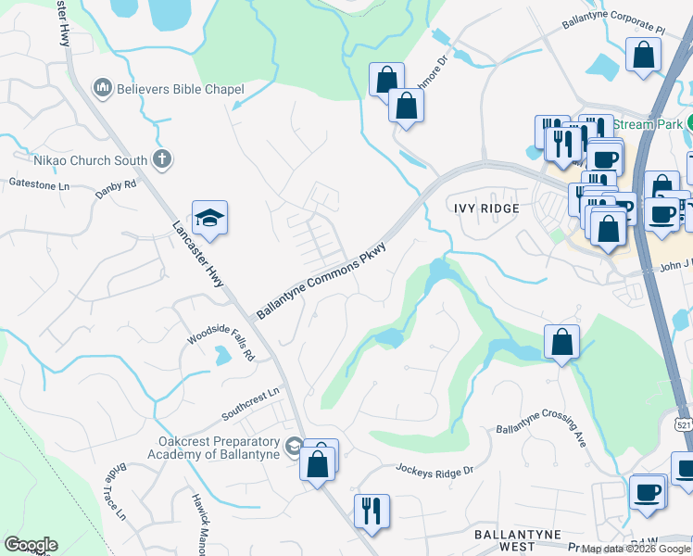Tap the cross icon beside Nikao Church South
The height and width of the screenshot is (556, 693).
[162, 159]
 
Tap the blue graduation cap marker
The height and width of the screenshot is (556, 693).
[210, 219]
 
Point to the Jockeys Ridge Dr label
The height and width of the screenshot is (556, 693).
[435, 471]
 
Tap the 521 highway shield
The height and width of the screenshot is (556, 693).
[684, 423]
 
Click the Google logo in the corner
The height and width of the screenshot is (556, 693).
[30, 545]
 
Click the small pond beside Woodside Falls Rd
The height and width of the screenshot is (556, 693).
[222, 355]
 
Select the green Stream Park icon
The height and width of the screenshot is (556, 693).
[689, 123]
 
